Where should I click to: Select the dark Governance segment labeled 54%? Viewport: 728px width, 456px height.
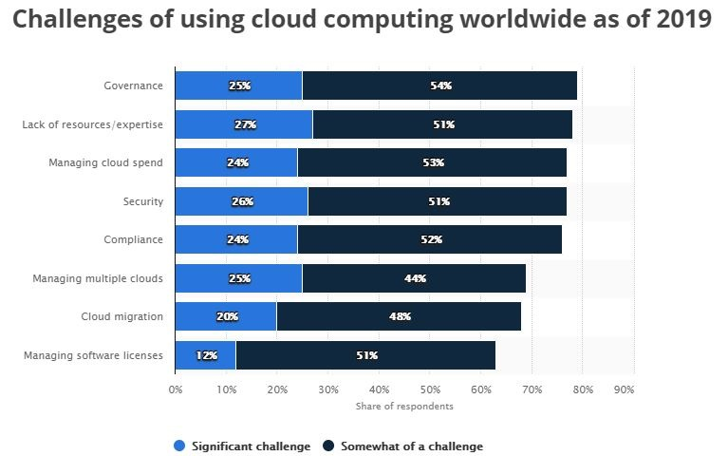click(x=439, y=85)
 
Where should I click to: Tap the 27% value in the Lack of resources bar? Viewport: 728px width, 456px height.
click(x=245, y=124)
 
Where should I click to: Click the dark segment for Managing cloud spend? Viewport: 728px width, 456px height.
click(x=432, y=162)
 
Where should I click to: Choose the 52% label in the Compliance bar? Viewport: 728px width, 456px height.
click(x=432, y=239)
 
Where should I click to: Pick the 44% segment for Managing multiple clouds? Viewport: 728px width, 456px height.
click(x=414, y=278)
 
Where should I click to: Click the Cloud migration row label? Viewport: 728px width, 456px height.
click(x=121, y=316)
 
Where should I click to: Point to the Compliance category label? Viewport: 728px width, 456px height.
click(x=133, y=239)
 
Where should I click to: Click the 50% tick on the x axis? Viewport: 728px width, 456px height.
click(x=430, y=389)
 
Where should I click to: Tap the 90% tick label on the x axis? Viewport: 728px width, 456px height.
click(x=625, y=389)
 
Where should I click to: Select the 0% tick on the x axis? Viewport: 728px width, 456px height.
click(x=176, y=389)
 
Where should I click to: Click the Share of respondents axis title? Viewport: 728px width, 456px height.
click(x=404, y=407)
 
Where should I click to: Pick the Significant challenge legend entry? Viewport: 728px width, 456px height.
click(x=243, y=446)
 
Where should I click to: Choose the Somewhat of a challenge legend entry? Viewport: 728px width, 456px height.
click(x=403, y=446)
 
